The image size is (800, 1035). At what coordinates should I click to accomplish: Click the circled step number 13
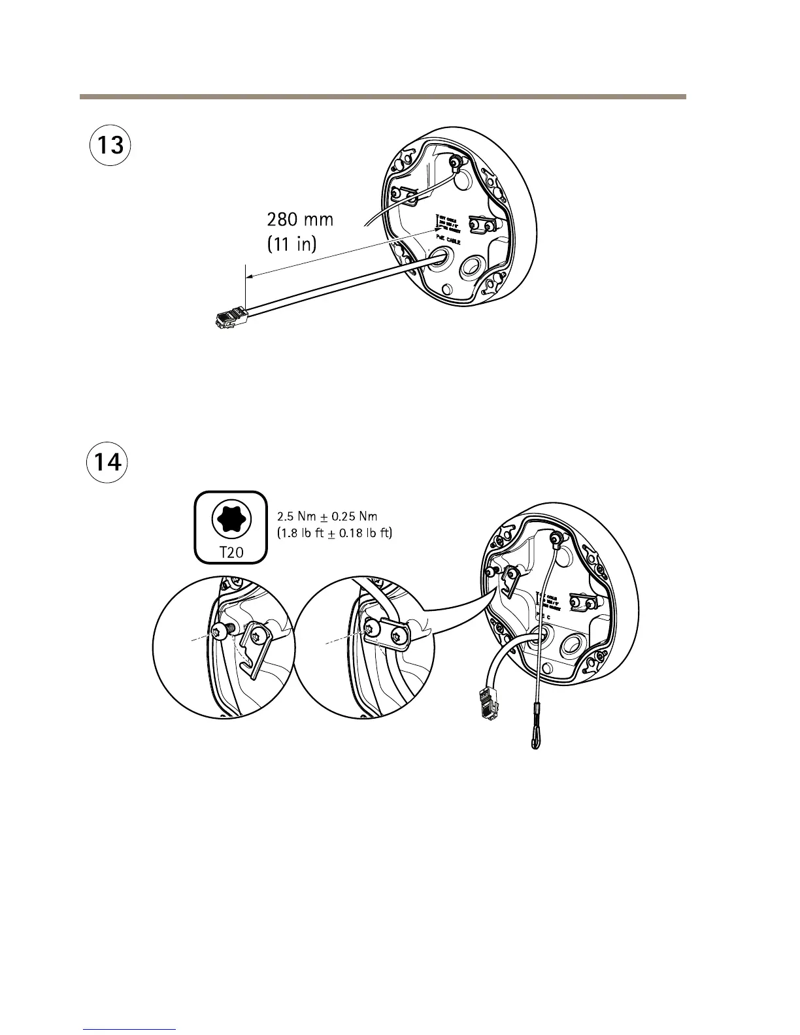point(110,144)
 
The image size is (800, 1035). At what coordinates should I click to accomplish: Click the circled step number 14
point(107,463)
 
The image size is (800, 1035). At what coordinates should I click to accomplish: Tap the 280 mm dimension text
point(300,220)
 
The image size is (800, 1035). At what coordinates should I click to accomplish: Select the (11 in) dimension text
point(292,244)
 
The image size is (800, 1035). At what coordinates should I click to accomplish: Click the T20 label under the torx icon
point(231,552)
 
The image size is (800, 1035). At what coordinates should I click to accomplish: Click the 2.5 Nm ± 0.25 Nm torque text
point(327,516)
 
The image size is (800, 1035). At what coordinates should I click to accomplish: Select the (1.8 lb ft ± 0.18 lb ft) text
point(335,533)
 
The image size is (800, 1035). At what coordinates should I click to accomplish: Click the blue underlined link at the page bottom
point(130,1029)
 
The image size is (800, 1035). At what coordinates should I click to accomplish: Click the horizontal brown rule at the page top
point(382,97)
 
